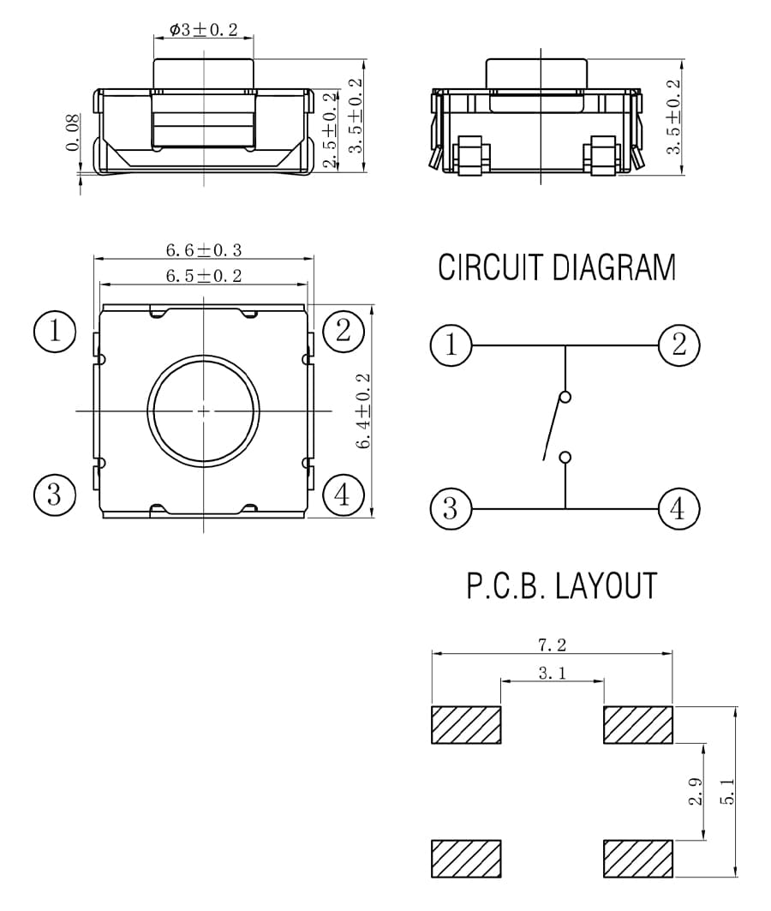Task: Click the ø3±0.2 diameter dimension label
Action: coord(204,30)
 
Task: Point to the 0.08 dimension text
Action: coord(73,133)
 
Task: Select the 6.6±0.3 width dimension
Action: coord(204,250)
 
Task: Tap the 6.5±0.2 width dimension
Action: coord(204,275)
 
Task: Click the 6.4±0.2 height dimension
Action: coord(363,411)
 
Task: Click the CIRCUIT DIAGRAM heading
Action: coord(557,267)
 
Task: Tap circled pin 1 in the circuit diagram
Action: coord(451,345)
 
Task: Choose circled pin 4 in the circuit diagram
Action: coord(678,509)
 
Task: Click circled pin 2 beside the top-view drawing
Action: coord(344,331)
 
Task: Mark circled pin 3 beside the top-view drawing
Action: coord(55,494)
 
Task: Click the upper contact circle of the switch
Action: coord(565,398)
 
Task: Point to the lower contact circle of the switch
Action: coord(565,458)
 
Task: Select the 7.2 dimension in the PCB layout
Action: coord(552,644)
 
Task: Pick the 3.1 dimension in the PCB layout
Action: coord(552,673)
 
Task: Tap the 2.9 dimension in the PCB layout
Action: coord(696,791)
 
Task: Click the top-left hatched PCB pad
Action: coord(466,725)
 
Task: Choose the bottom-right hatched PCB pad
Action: coord(638,859)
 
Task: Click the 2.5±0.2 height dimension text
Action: coord(330,130)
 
